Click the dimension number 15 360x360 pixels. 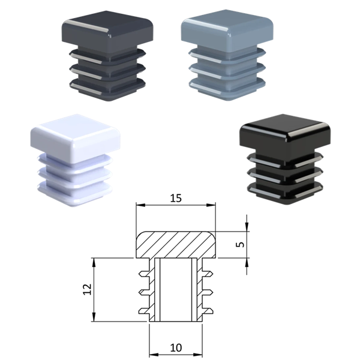pyautogui.click(x=176, y=198)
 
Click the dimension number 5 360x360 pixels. pyautogui.click(x=240, y=245)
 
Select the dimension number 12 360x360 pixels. pyautogui.click(x=87, y=289)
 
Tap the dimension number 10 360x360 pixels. pyautogui.click(x=176, y=348)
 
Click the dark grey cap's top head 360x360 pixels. pyautogui.click(x=107, y=29)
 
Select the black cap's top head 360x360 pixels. pyautogui.click(x=286, y=133)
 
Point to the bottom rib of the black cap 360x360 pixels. pyautogui.click(x=285, y=191)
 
